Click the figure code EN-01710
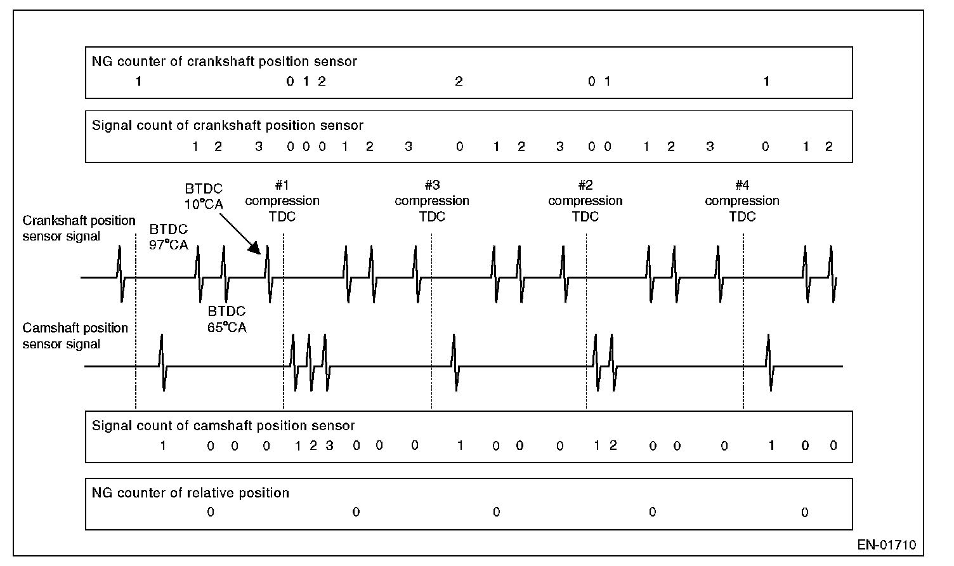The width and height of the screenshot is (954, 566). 887,545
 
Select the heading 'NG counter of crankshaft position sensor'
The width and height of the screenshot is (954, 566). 225,62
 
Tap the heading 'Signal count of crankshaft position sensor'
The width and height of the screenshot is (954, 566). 228,125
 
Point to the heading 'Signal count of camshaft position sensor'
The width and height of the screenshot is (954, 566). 223,426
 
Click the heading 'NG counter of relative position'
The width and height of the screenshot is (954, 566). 190,492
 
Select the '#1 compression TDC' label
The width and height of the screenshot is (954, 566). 282,201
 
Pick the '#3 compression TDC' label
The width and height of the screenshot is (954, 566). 432,201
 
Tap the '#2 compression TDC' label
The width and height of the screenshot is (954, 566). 585,201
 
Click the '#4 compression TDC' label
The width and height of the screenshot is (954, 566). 742,201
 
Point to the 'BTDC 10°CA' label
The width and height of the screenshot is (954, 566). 204,197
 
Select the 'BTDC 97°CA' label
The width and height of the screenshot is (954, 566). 169,237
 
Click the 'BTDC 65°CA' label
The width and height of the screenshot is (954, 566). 227,320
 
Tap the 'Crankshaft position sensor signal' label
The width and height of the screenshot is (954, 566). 79,228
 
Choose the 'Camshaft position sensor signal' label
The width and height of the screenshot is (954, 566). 75,336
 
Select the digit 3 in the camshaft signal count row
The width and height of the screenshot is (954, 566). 329,445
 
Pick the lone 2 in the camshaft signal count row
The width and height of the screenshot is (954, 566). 613,445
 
